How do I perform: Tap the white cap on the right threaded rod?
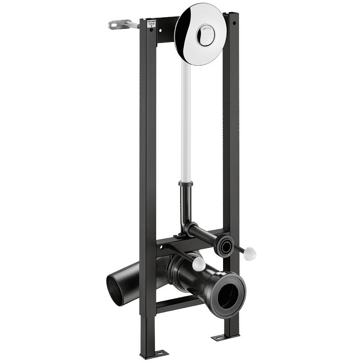(x=249, y=254)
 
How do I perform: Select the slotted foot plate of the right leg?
(x=224, y=337)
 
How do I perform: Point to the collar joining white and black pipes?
(x=186, y=184)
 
